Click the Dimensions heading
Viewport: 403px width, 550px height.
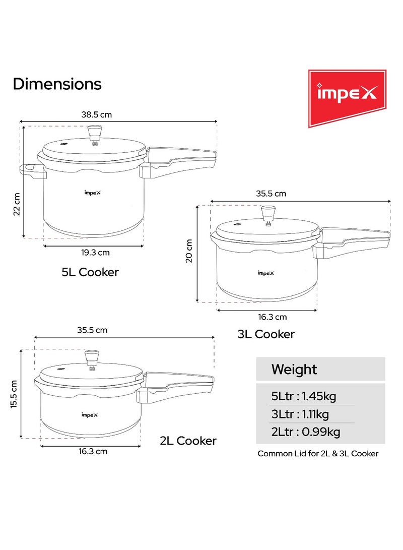point(57,84)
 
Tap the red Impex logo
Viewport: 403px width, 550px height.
point(347,98)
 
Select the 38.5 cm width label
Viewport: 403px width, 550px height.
point(96,115)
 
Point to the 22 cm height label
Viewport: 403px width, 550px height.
point(17,204)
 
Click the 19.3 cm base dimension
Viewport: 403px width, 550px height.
point(95,253)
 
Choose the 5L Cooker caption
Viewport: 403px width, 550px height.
point(90,272)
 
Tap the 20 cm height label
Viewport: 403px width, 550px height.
point(189,251)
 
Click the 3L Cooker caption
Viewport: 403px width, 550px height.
point(266,334)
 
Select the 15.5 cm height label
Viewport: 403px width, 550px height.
point(14,394)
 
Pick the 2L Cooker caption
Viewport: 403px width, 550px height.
point(188,441)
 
